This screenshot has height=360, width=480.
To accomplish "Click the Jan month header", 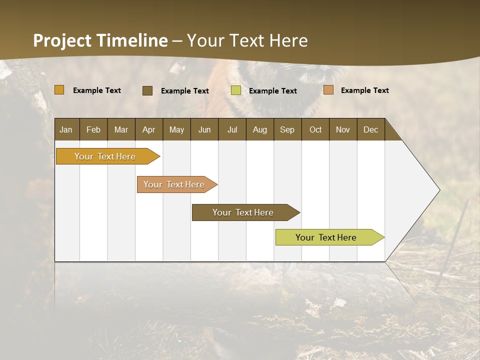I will point(66,129).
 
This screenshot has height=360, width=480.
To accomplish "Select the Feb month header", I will point(93,129).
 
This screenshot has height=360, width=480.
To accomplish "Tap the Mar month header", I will point(121,129).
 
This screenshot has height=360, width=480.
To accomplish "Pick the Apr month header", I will point(149,129).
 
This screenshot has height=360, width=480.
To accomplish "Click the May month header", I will point(176,129).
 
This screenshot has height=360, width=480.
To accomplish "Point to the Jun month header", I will point(204,129).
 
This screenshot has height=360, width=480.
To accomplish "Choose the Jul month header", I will point(232,129).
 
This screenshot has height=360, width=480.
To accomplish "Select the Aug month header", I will point(260,129).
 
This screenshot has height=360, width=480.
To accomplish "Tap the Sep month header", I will point(287,129).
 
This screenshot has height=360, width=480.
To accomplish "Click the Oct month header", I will point(315,129).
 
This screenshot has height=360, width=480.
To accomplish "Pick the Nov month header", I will point(343,129).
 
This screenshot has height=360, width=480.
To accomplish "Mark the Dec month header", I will point(371,129).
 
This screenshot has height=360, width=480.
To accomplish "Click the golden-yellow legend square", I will point(59,90).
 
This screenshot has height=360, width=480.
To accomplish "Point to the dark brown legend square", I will point(147,90).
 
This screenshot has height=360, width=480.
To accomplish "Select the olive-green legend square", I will point(236,90).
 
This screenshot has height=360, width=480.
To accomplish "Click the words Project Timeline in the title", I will point(100,40).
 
